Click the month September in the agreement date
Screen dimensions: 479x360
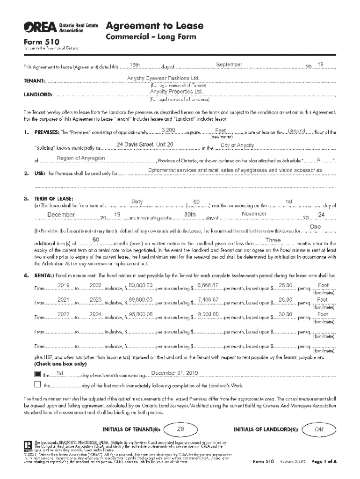coord(229,64)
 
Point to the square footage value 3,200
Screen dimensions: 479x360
coord(168,130)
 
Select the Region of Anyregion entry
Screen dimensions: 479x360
coord(80,158)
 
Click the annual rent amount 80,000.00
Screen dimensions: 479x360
coord(141,285)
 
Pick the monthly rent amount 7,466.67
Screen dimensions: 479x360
coord(208,299)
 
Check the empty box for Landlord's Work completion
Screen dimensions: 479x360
coord(38,385)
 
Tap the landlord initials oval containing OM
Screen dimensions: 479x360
coord(319,429)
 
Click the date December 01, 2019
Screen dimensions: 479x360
coord(168,372)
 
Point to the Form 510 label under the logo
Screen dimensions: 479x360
coord(37,41)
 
